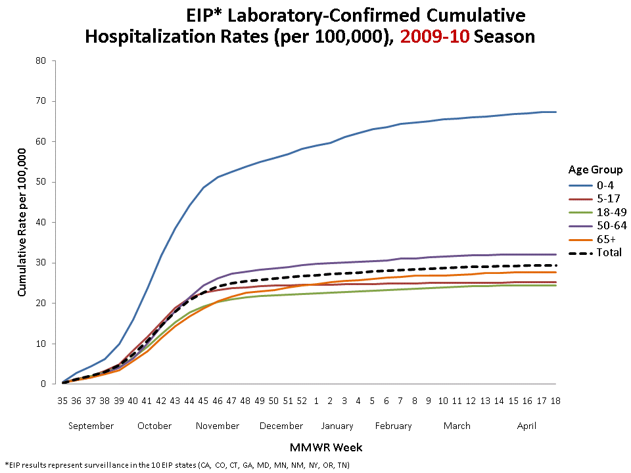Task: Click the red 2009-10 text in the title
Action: click(434, 37)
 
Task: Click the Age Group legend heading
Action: click(595, 169)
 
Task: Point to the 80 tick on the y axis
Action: click(43, 61)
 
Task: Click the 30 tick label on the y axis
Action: click(43, 263)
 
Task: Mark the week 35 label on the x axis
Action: click(62, 400)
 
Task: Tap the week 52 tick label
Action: click(302, 400)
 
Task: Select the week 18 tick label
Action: click(555, 400)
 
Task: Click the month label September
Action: click(91, 426)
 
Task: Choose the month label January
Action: click(337, 426)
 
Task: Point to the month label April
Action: click(526, 426)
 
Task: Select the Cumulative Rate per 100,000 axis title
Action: click(22, 222)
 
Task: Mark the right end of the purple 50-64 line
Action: click(556, 254)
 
